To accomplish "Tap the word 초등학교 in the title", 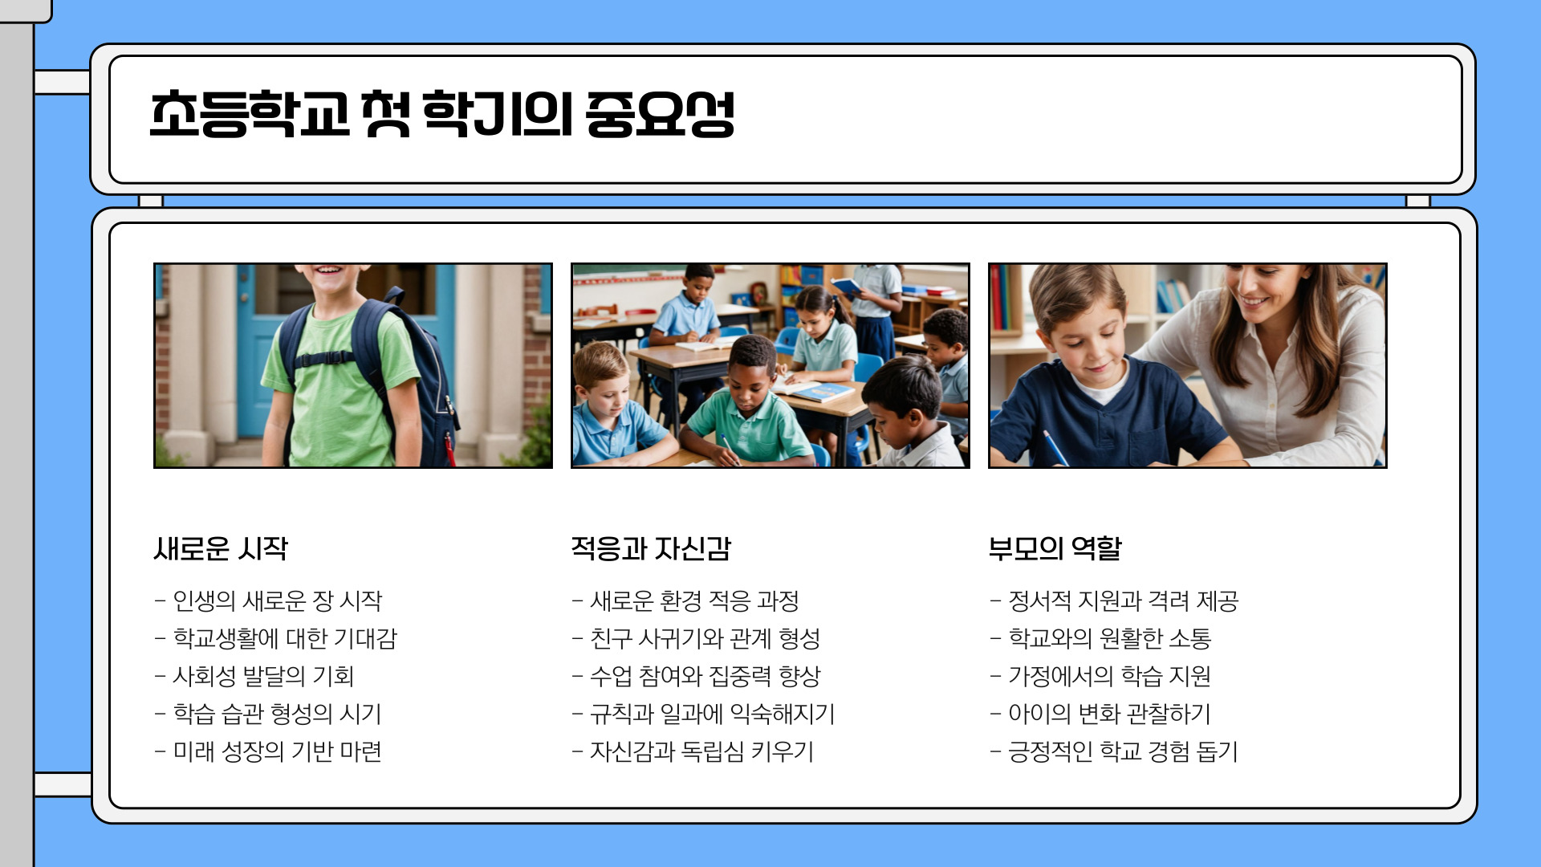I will coord(250,115).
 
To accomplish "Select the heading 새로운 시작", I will coord(221,549).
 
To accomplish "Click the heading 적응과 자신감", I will coord(651,549).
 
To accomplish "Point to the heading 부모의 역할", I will coord(1055,549).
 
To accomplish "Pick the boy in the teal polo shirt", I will coord(750,409).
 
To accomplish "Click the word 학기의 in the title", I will coord(498,115).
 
